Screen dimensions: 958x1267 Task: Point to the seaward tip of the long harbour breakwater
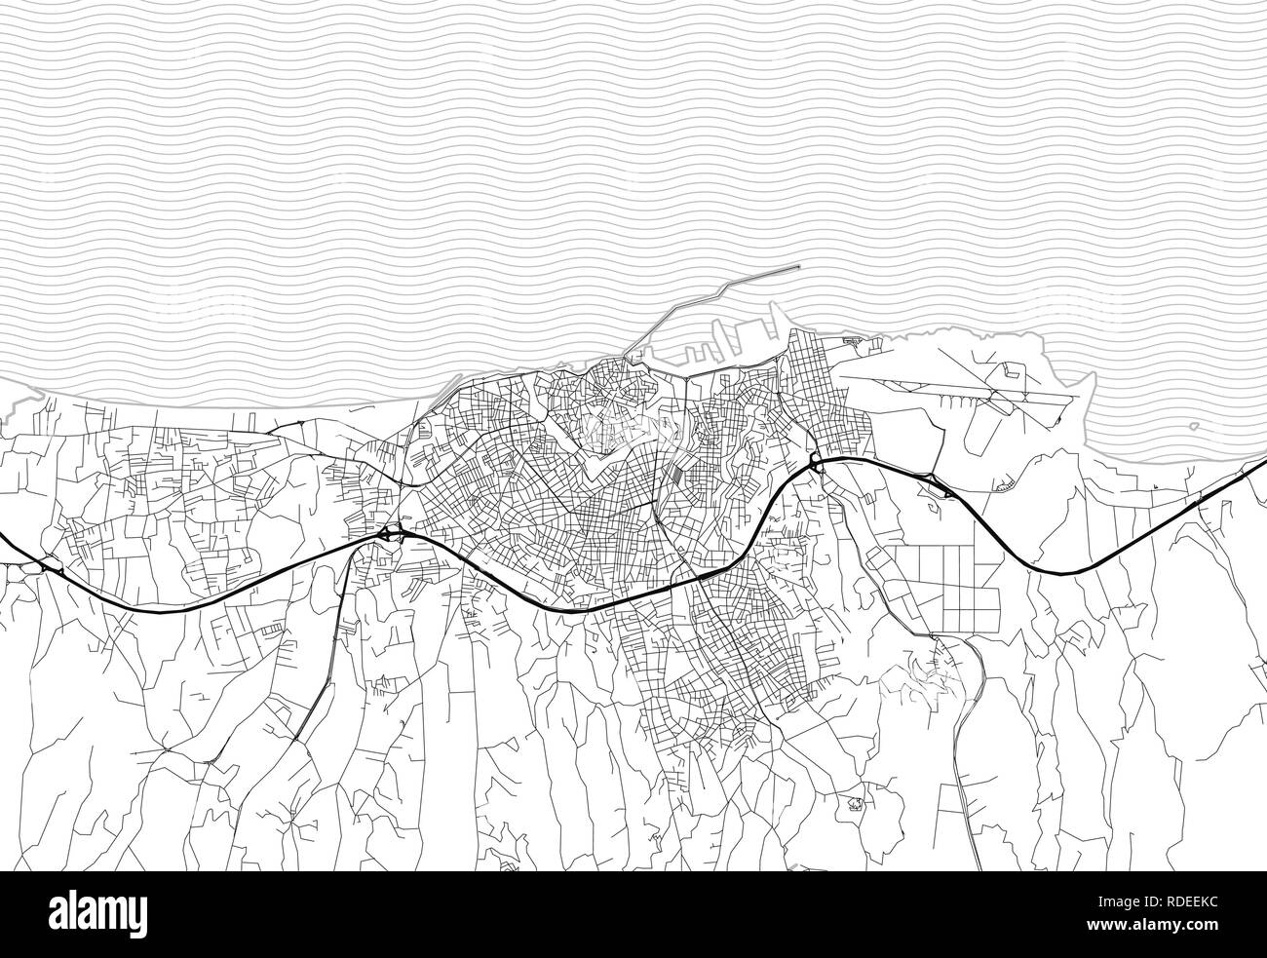click(x=797, y=266)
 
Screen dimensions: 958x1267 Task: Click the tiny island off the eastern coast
click(x=1195, y=427)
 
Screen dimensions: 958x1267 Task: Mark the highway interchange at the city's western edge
click(x=392, y=533)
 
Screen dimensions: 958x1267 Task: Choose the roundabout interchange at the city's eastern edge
click(x=815, y=461)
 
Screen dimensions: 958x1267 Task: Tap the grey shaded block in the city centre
click(x=674, y=475)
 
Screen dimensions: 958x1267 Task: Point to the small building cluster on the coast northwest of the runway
click(x=854, y=340)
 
